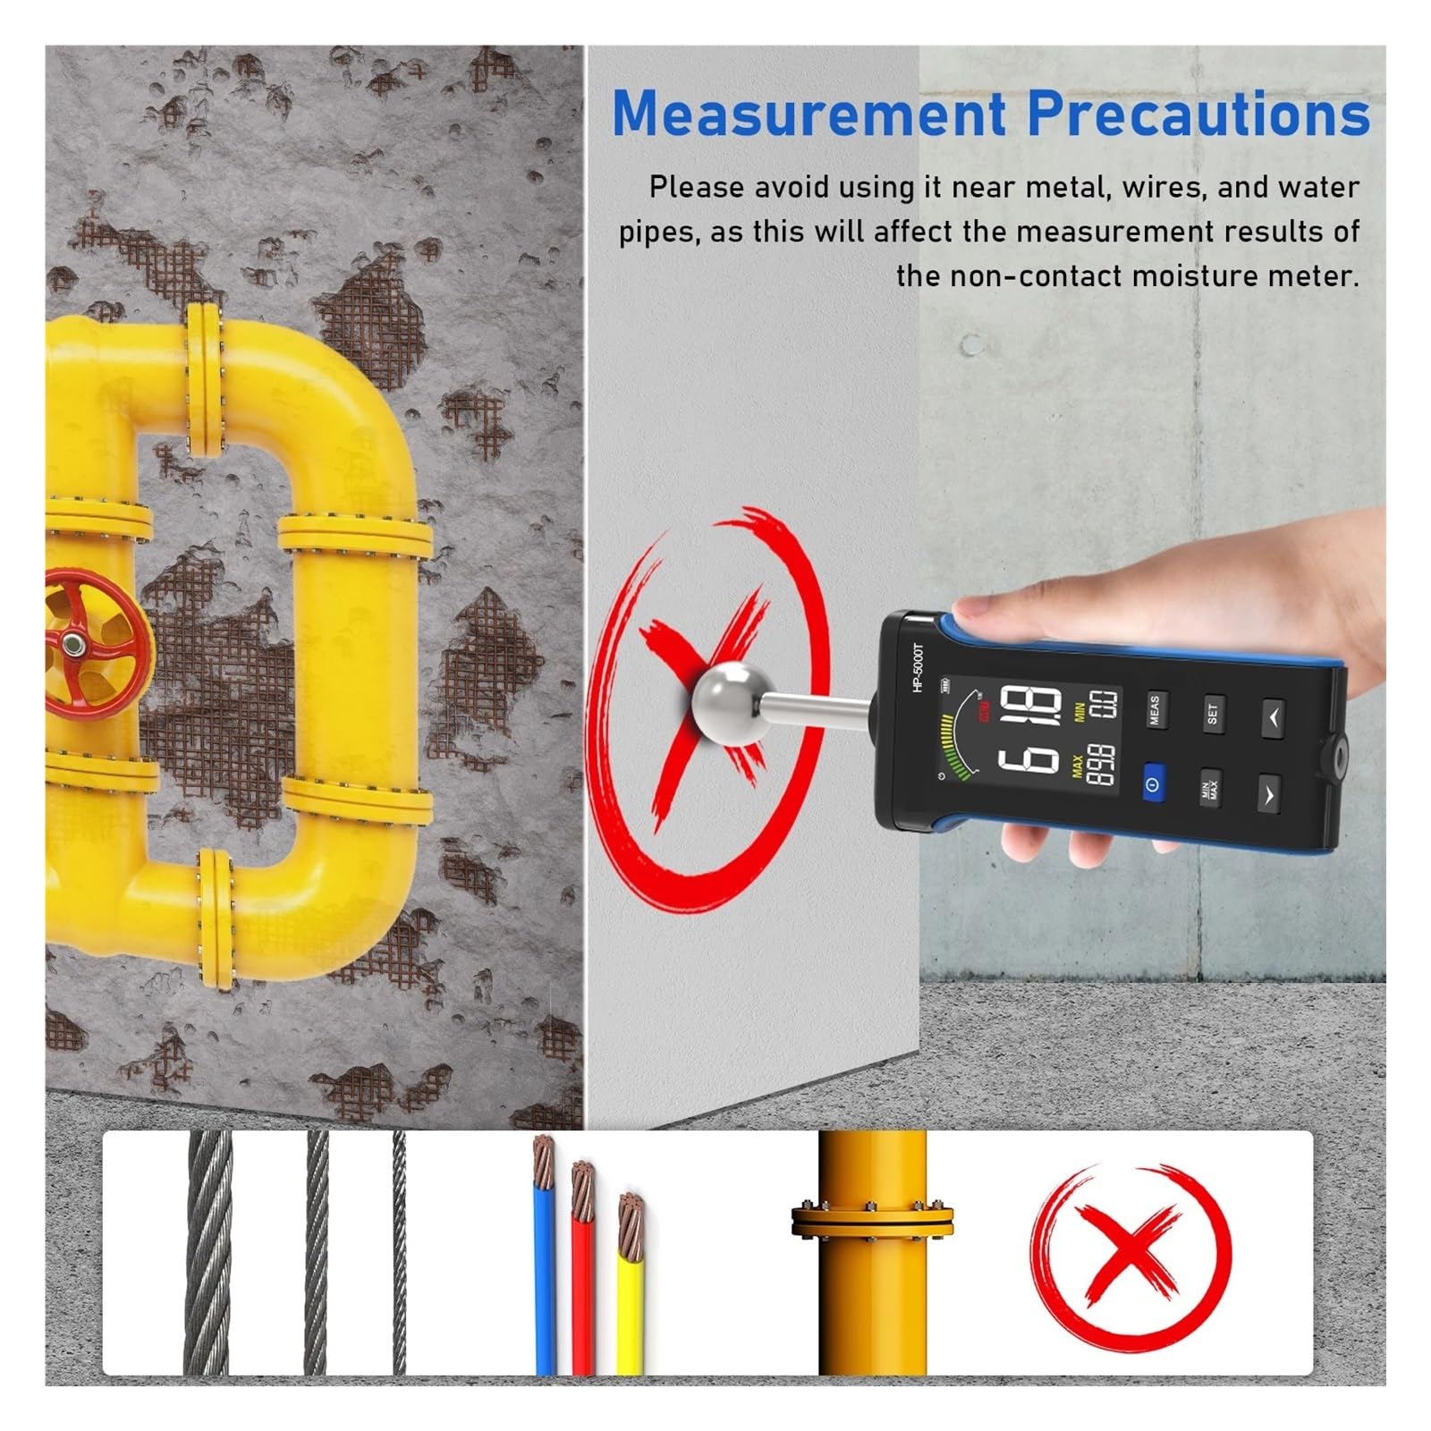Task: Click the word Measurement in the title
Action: (x=809, y=114)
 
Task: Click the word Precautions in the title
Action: (x=1198, y=114)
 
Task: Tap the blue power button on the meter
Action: (x=1153, y=784)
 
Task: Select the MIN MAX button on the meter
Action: (x=1210, y=789)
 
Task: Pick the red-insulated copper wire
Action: (x=583, y=1270)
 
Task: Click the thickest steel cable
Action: (x=207, y=1253)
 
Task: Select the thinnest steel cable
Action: (x=399, y=1253)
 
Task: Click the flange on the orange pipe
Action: (x=872, y=1222)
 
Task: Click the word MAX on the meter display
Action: (x=1078, y=766)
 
